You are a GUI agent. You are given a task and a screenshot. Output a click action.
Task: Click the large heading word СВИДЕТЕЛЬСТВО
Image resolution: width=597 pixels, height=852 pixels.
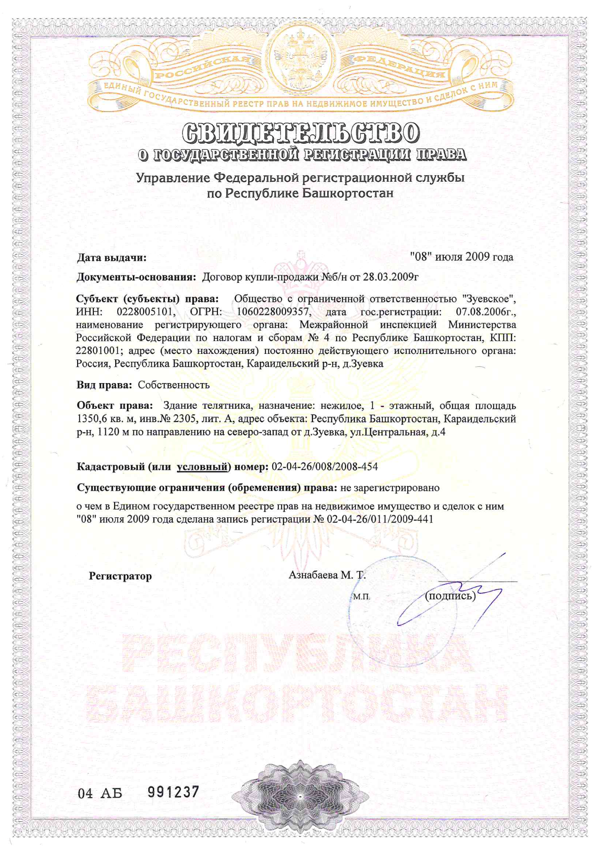click(x=301, y=132)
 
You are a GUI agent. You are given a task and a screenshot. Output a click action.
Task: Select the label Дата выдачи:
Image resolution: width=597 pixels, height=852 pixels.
click(x=112, y=258)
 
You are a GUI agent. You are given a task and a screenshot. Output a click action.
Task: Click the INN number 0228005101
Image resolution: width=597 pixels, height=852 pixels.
click(x=145, y=312)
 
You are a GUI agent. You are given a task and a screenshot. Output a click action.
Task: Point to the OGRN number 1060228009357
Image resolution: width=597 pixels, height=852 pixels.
click(x=273, y=312)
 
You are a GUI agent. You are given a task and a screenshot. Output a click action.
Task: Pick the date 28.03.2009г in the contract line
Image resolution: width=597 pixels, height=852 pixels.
click(x=390, y=277)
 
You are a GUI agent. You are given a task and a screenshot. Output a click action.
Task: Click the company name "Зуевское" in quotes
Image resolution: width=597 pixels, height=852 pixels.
click(x=489, y=299)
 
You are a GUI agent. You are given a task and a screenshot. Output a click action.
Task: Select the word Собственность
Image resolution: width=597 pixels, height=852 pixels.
click(x=173, y=385)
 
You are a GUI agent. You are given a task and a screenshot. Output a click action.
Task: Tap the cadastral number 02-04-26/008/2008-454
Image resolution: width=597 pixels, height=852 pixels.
click(x=325, y=466)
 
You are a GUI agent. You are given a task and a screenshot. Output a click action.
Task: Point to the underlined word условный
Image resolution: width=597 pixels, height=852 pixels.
click(x=202, y=466)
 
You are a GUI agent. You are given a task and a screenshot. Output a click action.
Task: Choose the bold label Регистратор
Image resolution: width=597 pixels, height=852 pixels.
click(x=120, y=576)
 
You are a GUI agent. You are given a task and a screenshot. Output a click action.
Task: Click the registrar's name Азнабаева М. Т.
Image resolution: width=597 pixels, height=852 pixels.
click(x=327, y=575)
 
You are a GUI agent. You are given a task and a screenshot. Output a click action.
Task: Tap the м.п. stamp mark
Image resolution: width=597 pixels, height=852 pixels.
click(x=362, y=597)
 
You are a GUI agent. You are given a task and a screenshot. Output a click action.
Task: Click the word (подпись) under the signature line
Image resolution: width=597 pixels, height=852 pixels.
click(x=450, y=596)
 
